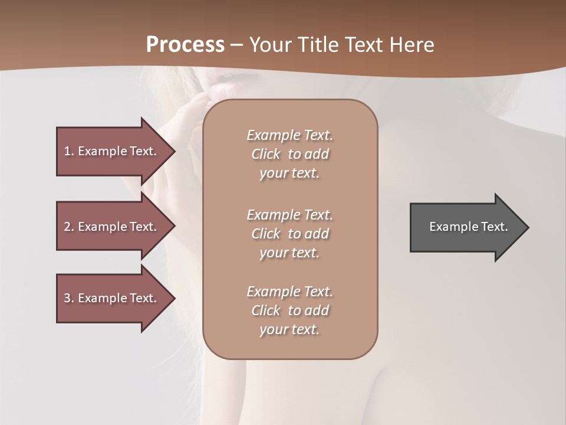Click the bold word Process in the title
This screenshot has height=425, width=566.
coord(185,45)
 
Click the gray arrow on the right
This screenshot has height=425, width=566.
coord(466,227)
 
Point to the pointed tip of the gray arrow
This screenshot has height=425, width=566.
coord(528,227)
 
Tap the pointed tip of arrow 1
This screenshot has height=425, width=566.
coord(174,151)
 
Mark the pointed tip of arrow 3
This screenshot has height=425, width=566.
coord(174,298)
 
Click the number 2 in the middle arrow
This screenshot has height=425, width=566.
coord(67,227)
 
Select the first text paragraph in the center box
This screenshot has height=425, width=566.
coord(289,154)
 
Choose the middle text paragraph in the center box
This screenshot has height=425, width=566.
coord(289,234)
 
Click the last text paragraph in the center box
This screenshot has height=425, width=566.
coord(289,310)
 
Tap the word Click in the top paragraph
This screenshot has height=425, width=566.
coord(266,154)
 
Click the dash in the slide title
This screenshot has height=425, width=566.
coord(237,45)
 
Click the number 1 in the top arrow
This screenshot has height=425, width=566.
coord(67,151)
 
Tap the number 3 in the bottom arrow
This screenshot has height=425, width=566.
coord(67,298)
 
